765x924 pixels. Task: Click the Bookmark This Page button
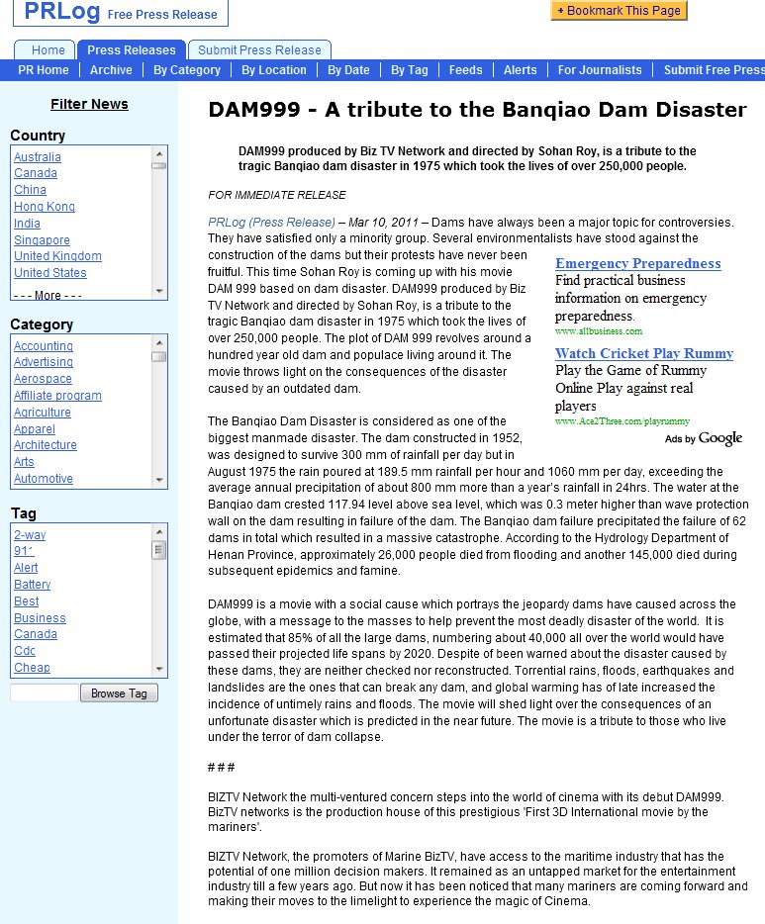coord(619,10)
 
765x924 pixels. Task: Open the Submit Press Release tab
coord(259,49)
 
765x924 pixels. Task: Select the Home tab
coord(48,49)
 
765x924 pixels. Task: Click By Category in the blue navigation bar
coord(187,70)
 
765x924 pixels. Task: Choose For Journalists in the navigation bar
coord(600,70)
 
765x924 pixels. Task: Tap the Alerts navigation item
coord(521,70)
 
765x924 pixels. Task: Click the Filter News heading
coord(89,104)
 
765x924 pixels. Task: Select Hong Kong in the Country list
coord(45,207)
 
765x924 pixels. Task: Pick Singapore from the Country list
coord(42,240)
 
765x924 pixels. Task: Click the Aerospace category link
coord(43,379)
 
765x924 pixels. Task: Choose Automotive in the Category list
coord(44,479)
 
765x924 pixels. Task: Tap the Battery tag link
coord(33,585)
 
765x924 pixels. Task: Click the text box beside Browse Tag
coord(44,693)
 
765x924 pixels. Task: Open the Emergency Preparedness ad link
coord(638,263)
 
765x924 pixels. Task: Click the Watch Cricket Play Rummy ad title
coord(644,353)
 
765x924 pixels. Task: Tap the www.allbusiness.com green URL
coord(599,331)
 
